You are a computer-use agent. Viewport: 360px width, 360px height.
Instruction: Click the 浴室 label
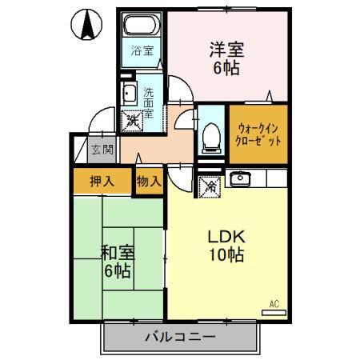point(144,55)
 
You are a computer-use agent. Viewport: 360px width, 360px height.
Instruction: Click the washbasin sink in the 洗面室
point(129,94)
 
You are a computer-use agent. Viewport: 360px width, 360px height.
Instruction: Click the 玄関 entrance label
point(100,150)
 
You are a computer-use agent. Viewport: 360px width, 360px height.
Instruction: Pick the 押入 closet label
point(102,181)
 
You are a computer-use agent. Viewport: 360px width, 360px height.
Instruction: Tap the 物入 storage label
point(149,181)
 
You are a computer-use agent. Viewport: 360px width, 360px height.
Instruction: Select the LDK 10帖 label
point(226,246)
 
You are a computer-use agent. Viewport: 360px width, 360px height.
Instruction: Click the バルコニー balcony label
point(179,337)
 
